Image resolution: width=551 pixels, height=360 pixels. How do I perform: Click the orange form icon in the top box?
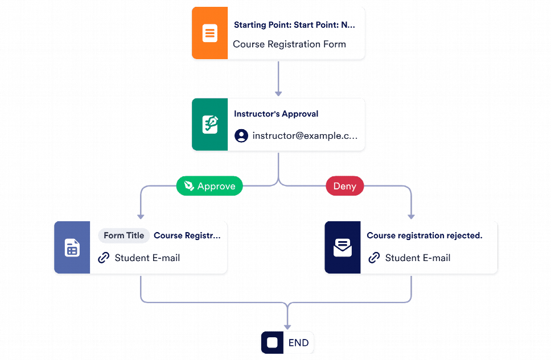coord(209,33)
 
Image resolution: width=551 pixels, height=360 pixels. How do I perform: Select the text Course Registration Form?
coord(289,44)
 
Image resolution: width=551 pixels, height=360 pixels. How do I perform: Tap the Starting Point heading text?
coord(294,25)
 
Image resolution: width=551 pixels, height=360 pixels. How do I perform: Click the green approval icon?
coord(209,125)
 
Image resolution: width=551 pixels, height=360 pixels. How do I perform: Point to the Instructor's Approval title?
coord(276,114)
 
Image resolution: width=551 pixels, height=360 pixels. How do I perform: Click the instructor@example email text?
coord(305,136)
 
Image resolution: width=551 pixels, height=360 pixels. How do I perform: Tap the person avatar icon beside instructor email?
coord(241,136)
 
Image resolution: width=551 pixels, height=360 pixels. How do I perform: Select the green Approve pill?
coord(209,186)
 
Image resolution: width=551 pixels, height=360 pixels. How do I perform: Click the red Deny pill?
coord(344,186)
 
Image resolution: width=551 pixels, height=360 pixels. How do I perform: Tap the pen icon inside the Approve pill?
coord(189,186)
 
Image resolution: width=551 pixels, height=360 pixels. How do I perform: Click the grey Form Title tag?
coord(124,235)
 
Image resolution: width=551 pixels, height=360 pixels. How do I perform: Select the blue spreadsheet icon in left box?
coord(72,248)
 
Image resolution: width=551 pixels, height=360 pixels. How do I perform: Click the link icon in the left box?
coord(104,258)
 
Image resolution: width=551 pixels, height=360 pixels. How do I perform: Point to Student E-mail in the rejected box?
coord(417,258)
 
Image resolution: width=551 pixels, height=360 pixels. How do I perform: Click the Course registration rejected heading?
coord(424,235)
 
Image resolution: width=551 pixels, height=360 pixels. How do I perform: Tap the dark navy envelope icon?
coord(342,248)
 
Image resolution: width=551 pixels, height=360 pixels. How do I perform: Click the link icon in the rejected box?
coord(374,258)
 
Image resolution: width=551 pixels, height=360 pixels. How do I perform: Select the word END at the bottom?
coord(298,343)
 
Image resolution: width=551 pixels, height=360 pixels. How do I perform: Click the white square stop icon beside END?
coord(272,343)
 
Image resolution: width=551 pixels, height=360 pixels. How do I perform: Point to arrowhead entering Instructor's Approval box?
coord(278,92)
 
